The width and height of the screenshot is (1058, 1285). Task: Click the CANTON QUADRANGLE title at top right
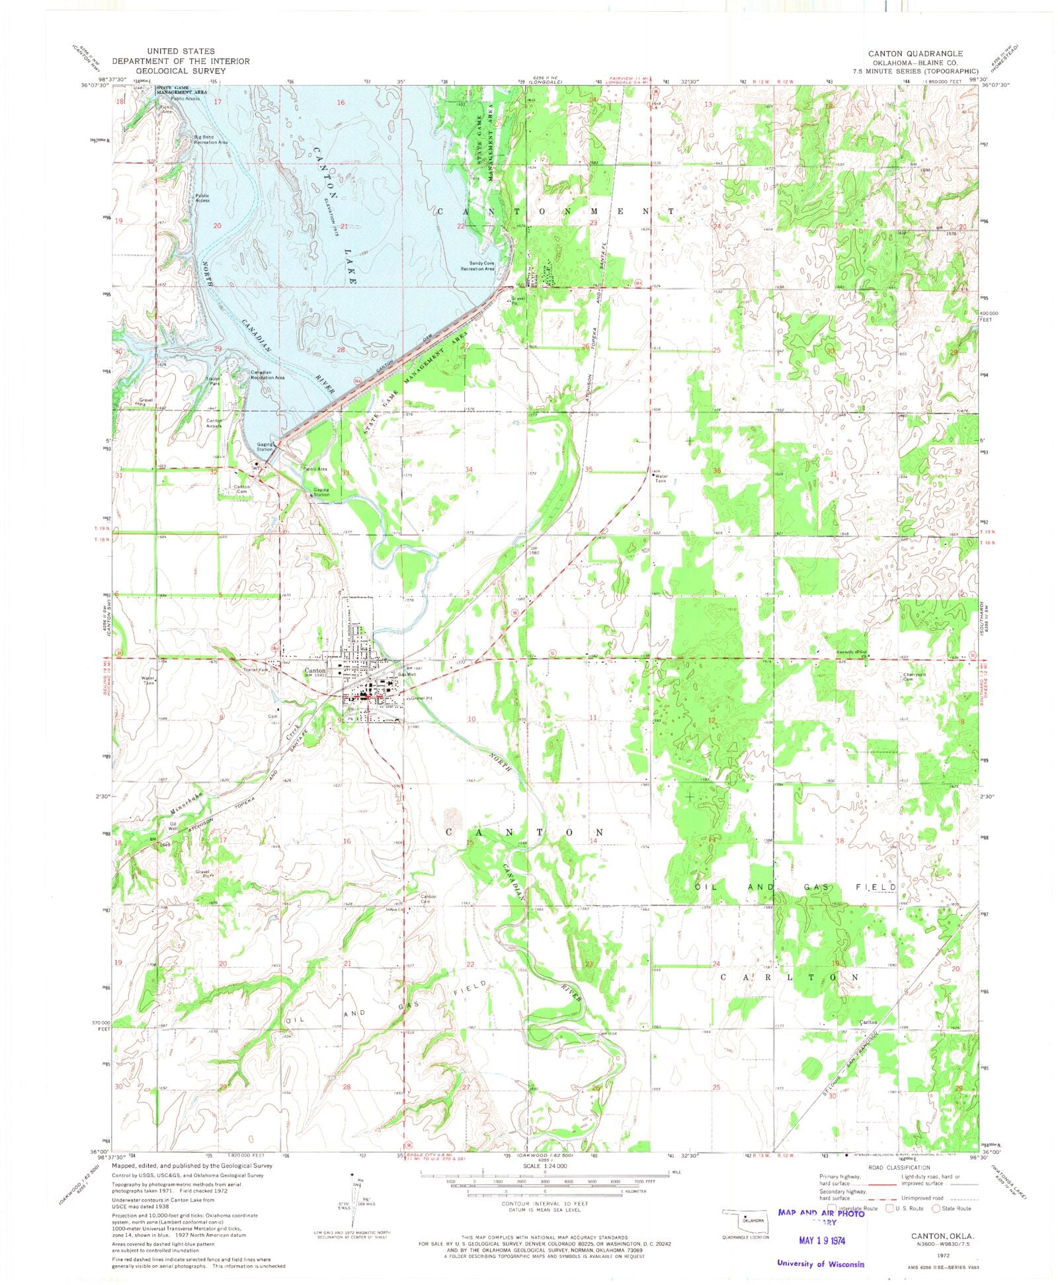click(915, 54)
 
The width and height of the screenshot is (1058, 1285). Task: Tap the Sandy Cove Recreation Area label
click(477, 266)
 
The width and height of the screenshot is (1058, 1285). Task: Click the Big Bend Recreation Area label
click(210, 139)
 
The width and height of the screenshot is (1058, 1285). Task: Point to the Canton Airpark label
click(214, 423)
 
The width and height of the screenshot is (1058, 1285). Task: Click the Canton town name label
click(315, 670)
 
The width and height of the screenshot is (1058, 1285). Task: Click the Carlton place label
click(868, 1021)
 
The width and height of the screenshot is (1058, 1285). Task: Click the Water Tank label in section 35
click(661, 478)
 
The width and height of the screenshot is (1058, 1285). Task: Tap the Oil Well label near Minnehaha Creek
click(173, 826)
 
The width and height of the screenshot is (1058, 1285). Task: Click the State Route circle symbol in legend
click(936, 1208)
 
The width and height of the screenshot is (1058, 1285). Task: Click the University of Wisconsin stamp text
click(820, 1263)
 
